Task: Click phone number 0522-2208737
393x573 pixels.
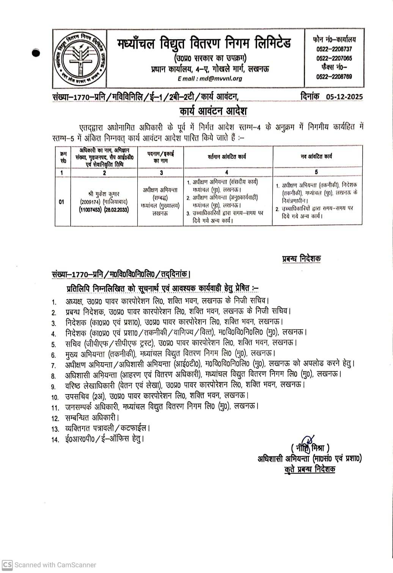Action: [334, 49]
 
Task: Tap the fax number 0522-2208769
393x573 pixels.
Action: [334, 76]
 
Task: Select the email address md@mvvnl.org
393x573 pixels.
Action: [210, 79]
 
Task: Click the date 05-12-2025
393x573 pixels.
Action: [344, 96]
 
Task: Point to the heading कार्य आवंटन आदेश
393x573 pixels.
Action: [213, 112]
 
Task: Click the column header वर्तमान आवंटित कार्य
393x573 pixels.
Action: [227, 156]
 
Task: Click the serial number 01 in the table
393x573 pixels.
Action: [61, 202]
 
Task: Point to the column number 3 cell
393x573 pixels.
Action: [161, 172]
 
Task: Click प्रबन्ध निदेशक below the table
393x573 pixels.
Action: [301, 259]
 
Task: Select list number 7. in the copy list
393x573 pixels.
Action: [54, 366]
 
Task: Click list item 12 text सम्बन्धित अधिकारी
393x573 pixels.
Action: [95, 418]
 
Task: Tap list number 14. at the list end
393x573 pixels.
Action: [55, 440]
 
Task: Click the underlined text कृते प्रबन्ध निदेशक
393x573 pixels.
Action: [310, 469]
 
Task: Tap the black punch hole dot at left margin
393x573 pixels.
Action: [36, 54]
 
